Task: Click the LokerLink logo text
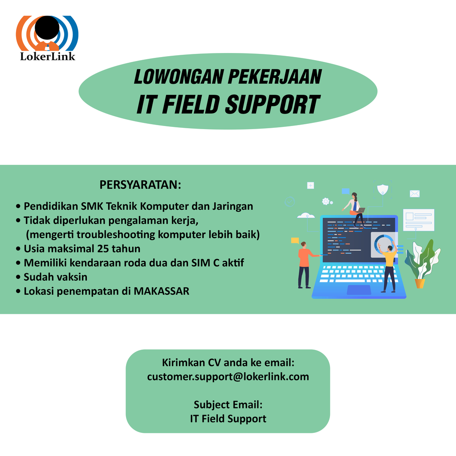47,56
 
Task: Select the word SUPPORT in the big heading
273,104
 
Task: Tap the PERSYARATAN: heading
140,185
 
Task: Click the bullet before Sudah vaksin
18,277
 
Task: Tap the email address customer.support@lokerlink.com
228,377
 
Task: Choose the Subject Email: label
228,404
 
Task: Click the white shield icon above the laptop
383,189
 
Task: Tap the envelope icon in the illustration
415,193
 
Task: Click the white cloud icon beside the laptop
306,216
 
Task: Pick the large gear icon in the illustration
326,201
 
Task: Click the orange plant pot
420,283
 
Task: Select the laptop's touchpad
359,289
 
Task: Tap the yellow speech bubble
295,240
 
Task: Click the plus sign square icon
310,185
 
